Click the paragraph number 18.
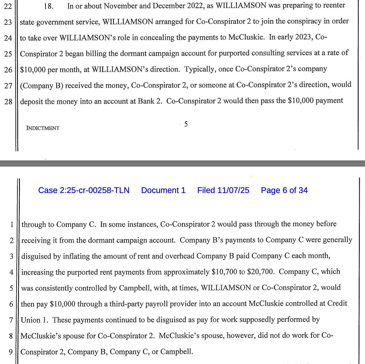49,6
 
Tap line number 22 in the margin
8,6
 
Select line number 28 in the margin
8,102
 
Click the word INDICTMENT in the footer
43,128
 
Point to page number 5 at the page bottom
186,124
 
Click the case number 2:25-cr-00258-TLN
84,190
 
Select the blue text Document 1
163,190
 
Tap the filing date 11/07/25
233,190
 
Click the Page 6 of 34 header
284,190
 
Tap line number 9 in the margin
11,352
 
